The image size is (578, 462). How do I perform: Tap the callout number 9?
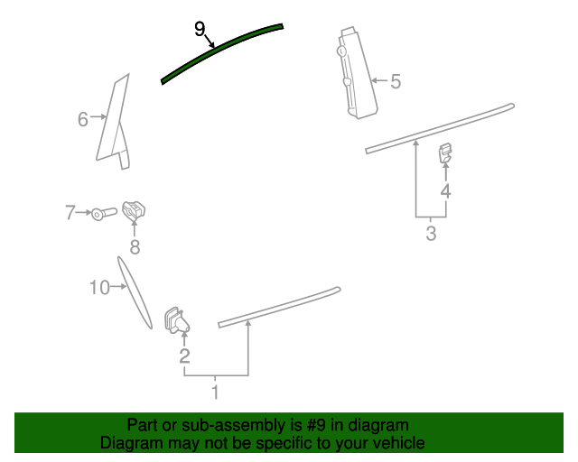pyautogui.click(x=200, y=29)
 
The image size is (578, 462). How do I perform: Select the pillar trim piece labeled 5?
pyautogui.click(x=357, y=73)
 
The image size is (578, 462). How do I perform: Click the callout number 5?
pyautogui.click(x=396, y=81)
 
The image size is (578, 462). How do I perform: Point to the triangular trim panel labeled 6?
pyautogui.click(x=113, y=122)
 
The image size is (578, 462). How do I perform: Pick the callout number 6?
pyautogui.click(x=83, y=119)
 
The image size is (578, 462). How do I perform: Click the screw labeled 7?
pyautogui.click(x=105, y=214)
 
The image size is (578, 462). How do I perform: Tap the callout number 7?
pyautogui.click(x=70, y=213)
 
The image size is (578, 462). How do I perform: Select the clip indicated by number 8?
pyautogui.click(x=134, y=211)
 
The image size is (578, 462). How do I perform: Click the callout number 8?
pyautogui.click(x=135, y=247)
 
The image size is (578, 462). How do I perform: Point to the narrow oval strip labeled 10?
pyautogui.click(x=135, y=292)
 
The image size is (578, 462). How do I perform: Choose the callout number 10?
pyautogui.click(x=99, y=287)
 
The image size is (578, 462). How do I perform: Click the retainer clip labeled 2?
pyautogui.click(x=177, y=320)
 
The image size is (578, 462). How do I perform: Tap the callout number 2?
pyautogui.click(x=184, y=356)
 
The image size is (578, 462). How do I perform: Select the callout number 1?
pyautogui.click(x=215, y=392)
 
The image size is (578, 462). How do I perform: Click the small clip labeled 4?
pyautogui.click(x=445, y=152)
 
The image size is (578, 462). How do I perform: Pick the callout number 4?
pyautogui.click(x=445, y=191)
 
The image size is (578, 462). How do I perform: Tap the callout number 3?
pyautogui.click(x=431, y=233)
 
